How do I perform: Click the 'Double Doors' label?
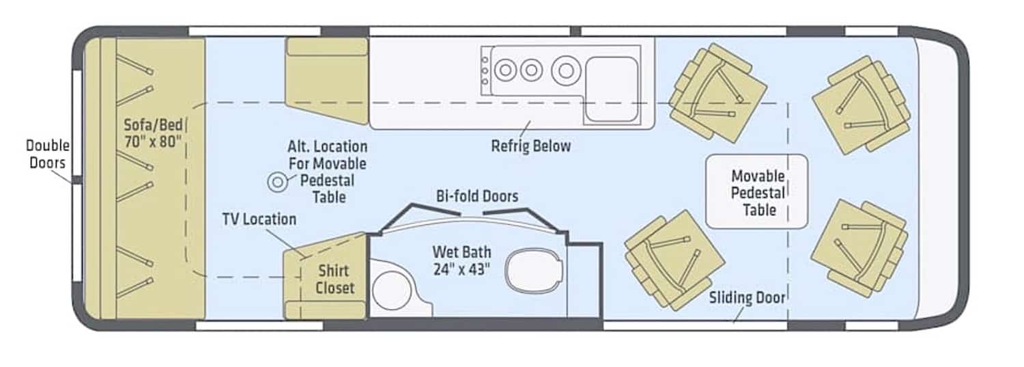(x=46, y=154)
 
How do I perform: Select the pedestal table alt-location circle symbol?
(x=278, y=182)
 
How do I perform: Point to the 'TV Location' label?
(x=259, y=219)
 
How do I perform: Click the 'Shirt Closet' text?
(x=336, y=279)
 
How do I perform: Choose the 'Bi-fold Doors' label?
(x=477, y=196)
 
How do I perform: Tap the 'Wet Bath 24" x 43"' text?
(x=461, y=260)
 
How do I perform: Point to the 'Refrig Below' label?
(x=530, y=146)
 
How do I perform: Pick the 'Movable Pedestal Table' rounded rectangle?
(x=756, y=191)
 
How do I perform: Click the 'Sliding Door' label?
(x=747, y=297)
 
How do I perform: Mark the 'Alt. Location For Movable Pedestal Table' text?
(x=327, y=172)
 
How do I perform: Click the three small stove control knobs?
(x=485, y=70)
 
